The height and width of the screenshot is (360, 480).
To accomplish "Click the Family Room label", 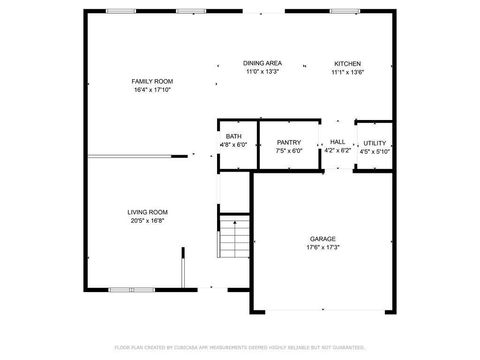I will coord(152,80).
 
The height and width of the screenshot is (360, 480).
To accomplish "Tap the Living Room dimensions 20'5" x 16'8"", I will coord(147,220).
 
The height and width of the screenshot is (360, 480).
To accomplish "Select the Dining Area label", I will coord(262,63).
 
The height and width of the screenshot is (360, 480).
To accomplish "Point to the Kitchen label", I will coord(347,63).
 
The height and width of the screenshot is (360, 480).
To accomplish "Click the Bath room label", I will coord(233,136).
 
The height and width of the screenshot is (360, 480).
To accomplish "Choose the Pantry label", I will coord(289,143).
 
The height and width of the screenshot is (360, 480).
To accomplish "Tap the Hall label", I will coord(338,143).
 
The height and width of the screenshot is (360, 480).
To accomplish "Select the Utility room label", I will coord(375,143).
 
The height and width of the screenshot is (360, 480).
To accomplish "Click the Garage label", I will coord(322,239).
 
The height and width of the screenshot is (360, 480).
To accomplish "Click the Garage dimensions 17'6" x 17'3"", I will coord(322,247).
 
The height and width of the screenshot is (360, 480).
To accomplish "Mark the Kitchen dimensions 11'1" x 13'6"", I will coord(347,72).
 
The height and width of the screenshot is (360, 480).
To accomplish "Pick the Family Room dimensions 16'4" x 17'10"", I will coord(152,89).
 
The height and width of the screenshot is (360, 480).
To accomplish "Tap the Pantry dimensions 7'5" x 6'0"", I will coord(289,152).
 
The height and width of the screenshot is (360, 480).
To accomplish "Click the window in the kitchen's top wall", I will coord(344,11).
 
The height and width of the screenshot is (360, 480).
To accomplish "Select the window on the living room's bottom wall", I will coord(131,289).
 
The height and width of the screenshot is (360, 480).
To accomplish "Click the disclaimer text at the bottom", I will coord(240,348).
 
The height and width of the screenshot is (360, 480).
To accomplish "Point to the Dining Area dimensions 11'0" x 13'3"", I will coord(262,72).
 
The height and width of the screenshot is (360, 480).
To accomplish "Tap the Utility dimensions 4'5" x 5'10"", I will coord(375,152).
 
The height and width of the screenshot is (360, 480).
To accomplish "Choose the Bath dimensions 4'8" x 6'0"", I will coord(233,145).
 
